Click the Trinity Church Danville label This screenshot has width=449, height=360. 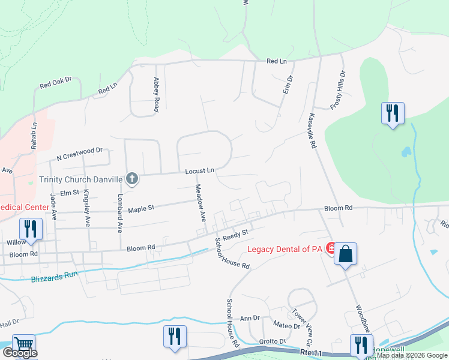(x=81, y=179)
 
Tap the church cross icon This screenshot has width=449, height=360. (x=132, y=178)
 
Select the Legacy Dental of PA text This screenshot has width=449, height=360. (x=286, y=248)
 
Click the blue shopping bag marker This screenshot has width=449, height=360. (x=346, y=254)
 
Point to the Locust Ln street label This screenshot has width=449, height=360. (x=199, y=171)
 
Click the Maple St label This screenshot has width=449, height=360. (x=142, y=208)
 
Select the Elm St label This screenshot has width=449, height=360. (x=70, y=193)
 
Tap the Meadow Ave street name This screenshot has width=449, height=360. (x=202, y=204)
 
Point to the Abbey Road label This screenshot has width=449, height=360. (x=156, y=95)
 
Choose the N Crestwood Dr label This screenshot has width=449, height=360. (x=80, y=154)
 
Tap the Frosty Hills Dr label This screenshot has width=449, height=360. (x=338, y=91)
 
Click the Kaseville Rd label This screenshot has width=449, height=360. (x=313, y=127)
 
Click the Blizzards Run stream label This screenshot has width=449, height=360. (x=55, y=279)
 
